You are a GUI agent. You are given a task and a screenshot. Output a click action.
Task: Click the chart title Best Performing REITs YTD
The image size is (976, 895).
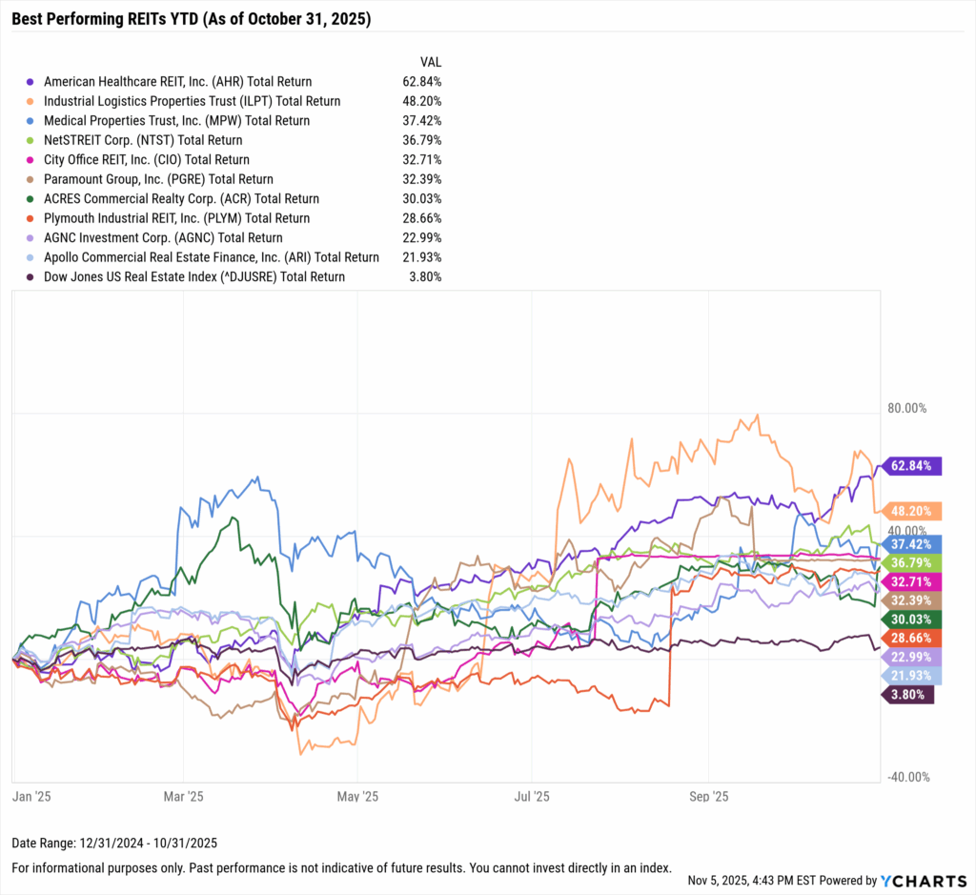tap(192, 19)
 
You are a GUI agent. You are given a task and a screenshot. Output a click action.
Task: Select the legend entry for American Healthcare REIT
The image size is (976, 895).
tap(177, 81)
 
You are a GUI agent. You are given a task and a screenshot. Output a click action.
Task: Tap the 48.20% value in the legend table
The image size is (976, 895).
tap(421, 101)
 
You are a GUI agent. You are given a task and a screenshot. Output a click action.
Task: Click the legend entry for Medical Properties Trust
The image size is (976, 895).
tap(176, 120)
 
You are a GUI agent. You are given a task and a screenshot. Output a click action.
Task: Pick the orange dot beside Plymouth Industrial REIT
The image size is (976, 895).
tap(31, 218)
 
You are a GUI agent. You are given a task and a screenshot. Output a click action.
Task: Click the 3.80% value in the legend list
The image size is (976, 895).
tap(424, 276)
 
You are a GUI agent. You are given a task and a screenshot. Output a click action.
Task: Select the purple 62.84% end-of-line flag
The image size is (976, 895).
tap(914, 466)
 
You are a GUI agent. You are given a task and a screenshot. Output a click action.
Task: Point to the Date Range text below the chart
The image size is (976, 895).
tap(114, 843)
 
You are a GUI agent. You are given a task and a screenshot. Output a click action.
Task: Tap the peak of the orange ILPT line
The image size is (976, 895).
tap(758, 415)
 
